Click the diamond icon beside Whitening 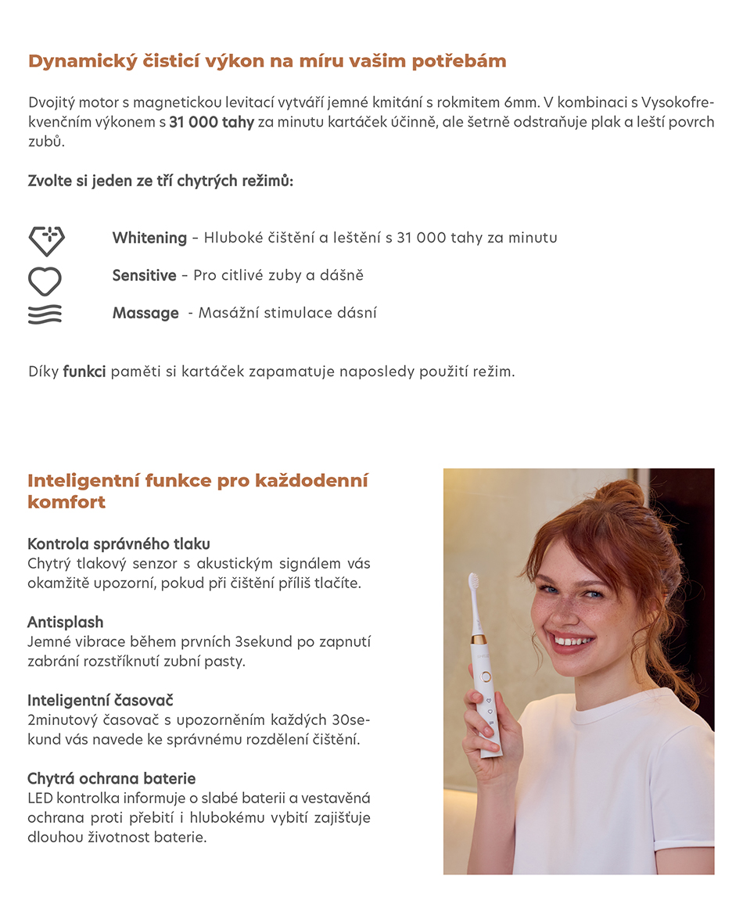coord(46,240)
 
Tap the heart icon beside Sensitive coord(45,281)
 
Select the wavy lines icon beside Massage coord(45,314)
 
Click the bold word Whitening coord(149,238)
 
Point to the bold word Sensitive coord(144,275)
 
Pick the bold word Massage coord(145,313)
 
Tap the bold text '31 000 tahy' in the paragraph coord(211,123)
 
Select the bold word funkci coord(84,371)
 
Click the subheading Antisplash coord(66,622)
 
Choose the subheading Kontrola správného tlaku coord(119,544)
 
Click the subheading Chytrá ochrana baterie coord(111,778)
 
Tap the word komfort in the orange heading coord(66,502)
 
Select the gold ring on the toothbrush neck coord(479,638)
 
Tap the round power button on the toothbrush coord(486,675)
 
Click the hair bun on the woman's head coord(619,493)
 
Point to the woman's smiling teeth coord(573,641)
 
